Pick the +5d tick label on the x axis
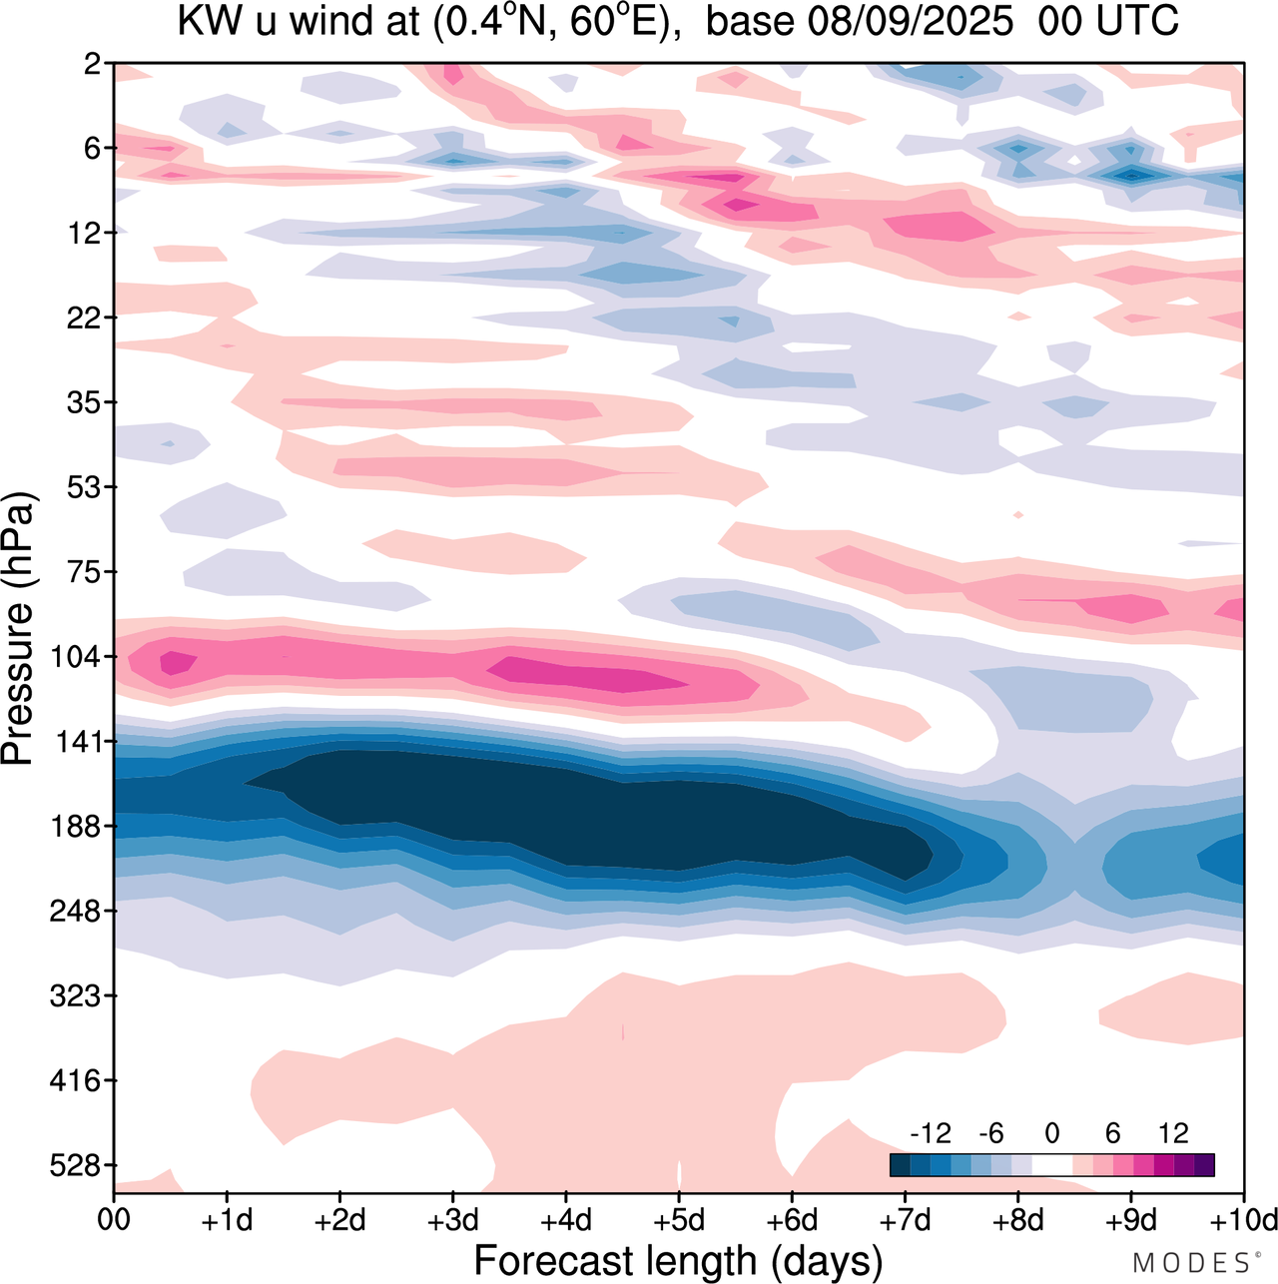pyautogui.click(x=678, y=1220)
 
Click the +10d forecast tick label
pyautogui.click(x=1243, y=1220)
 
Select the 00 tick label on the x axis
pyautogui.click(x=114, y=1220)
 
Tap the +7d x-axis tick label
pyautogui.click(x=905, y=1220)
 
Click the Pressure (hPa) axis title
pyautogui.click(x=18, y=629)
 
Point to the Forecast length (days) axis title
pyautogui.click(x=678, y=1260)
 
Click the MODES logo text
pyautogui.click(x=1190, y=1263)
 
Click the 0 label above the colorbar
pyautogui.click(x=1051, y=1133)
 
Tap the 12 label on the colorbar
pyautogui.click(x=1173, y=1133)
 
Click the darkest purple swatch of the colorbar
pyautogui.click(x=1204, y=1164)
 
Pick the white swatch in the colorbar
pyautogui.click(x=1051, y=1164)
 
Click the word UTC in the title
pyautogui.click(x=1139, y=22)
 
